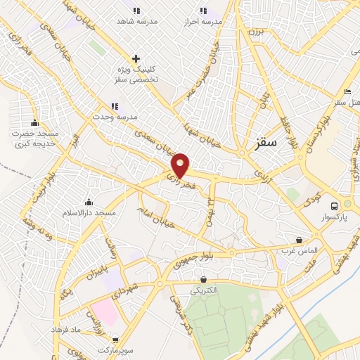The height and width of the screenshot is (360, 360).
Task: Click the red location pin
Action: tap(181, 165)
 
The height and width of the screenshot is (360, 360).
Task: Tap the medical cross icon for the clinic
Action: tap(136, 58)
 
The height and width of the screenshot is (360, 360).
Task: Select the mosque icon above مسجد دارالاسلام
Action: tap(88, 200)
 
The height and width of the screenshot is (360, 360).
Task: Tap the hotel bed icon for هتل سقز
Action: tap(347, 92)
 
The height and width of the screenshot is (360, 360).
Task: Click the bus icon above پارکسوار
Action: tap(335, 205)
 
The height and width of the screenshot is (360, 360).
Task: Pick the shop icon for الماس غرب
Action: tap(299, 240)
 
